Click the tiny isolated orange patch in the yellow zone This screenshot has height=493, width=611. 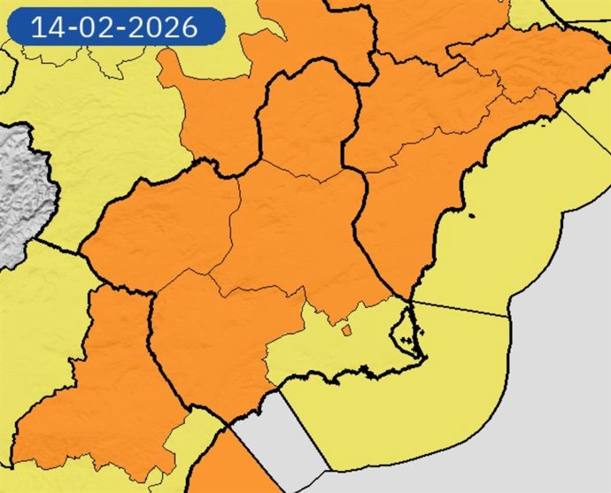tap(346, 331)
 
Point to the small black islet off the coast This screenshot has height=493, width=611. tap(471, 215)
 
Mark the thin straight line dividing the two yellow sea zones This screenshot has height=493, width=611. tap(460, 308)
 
